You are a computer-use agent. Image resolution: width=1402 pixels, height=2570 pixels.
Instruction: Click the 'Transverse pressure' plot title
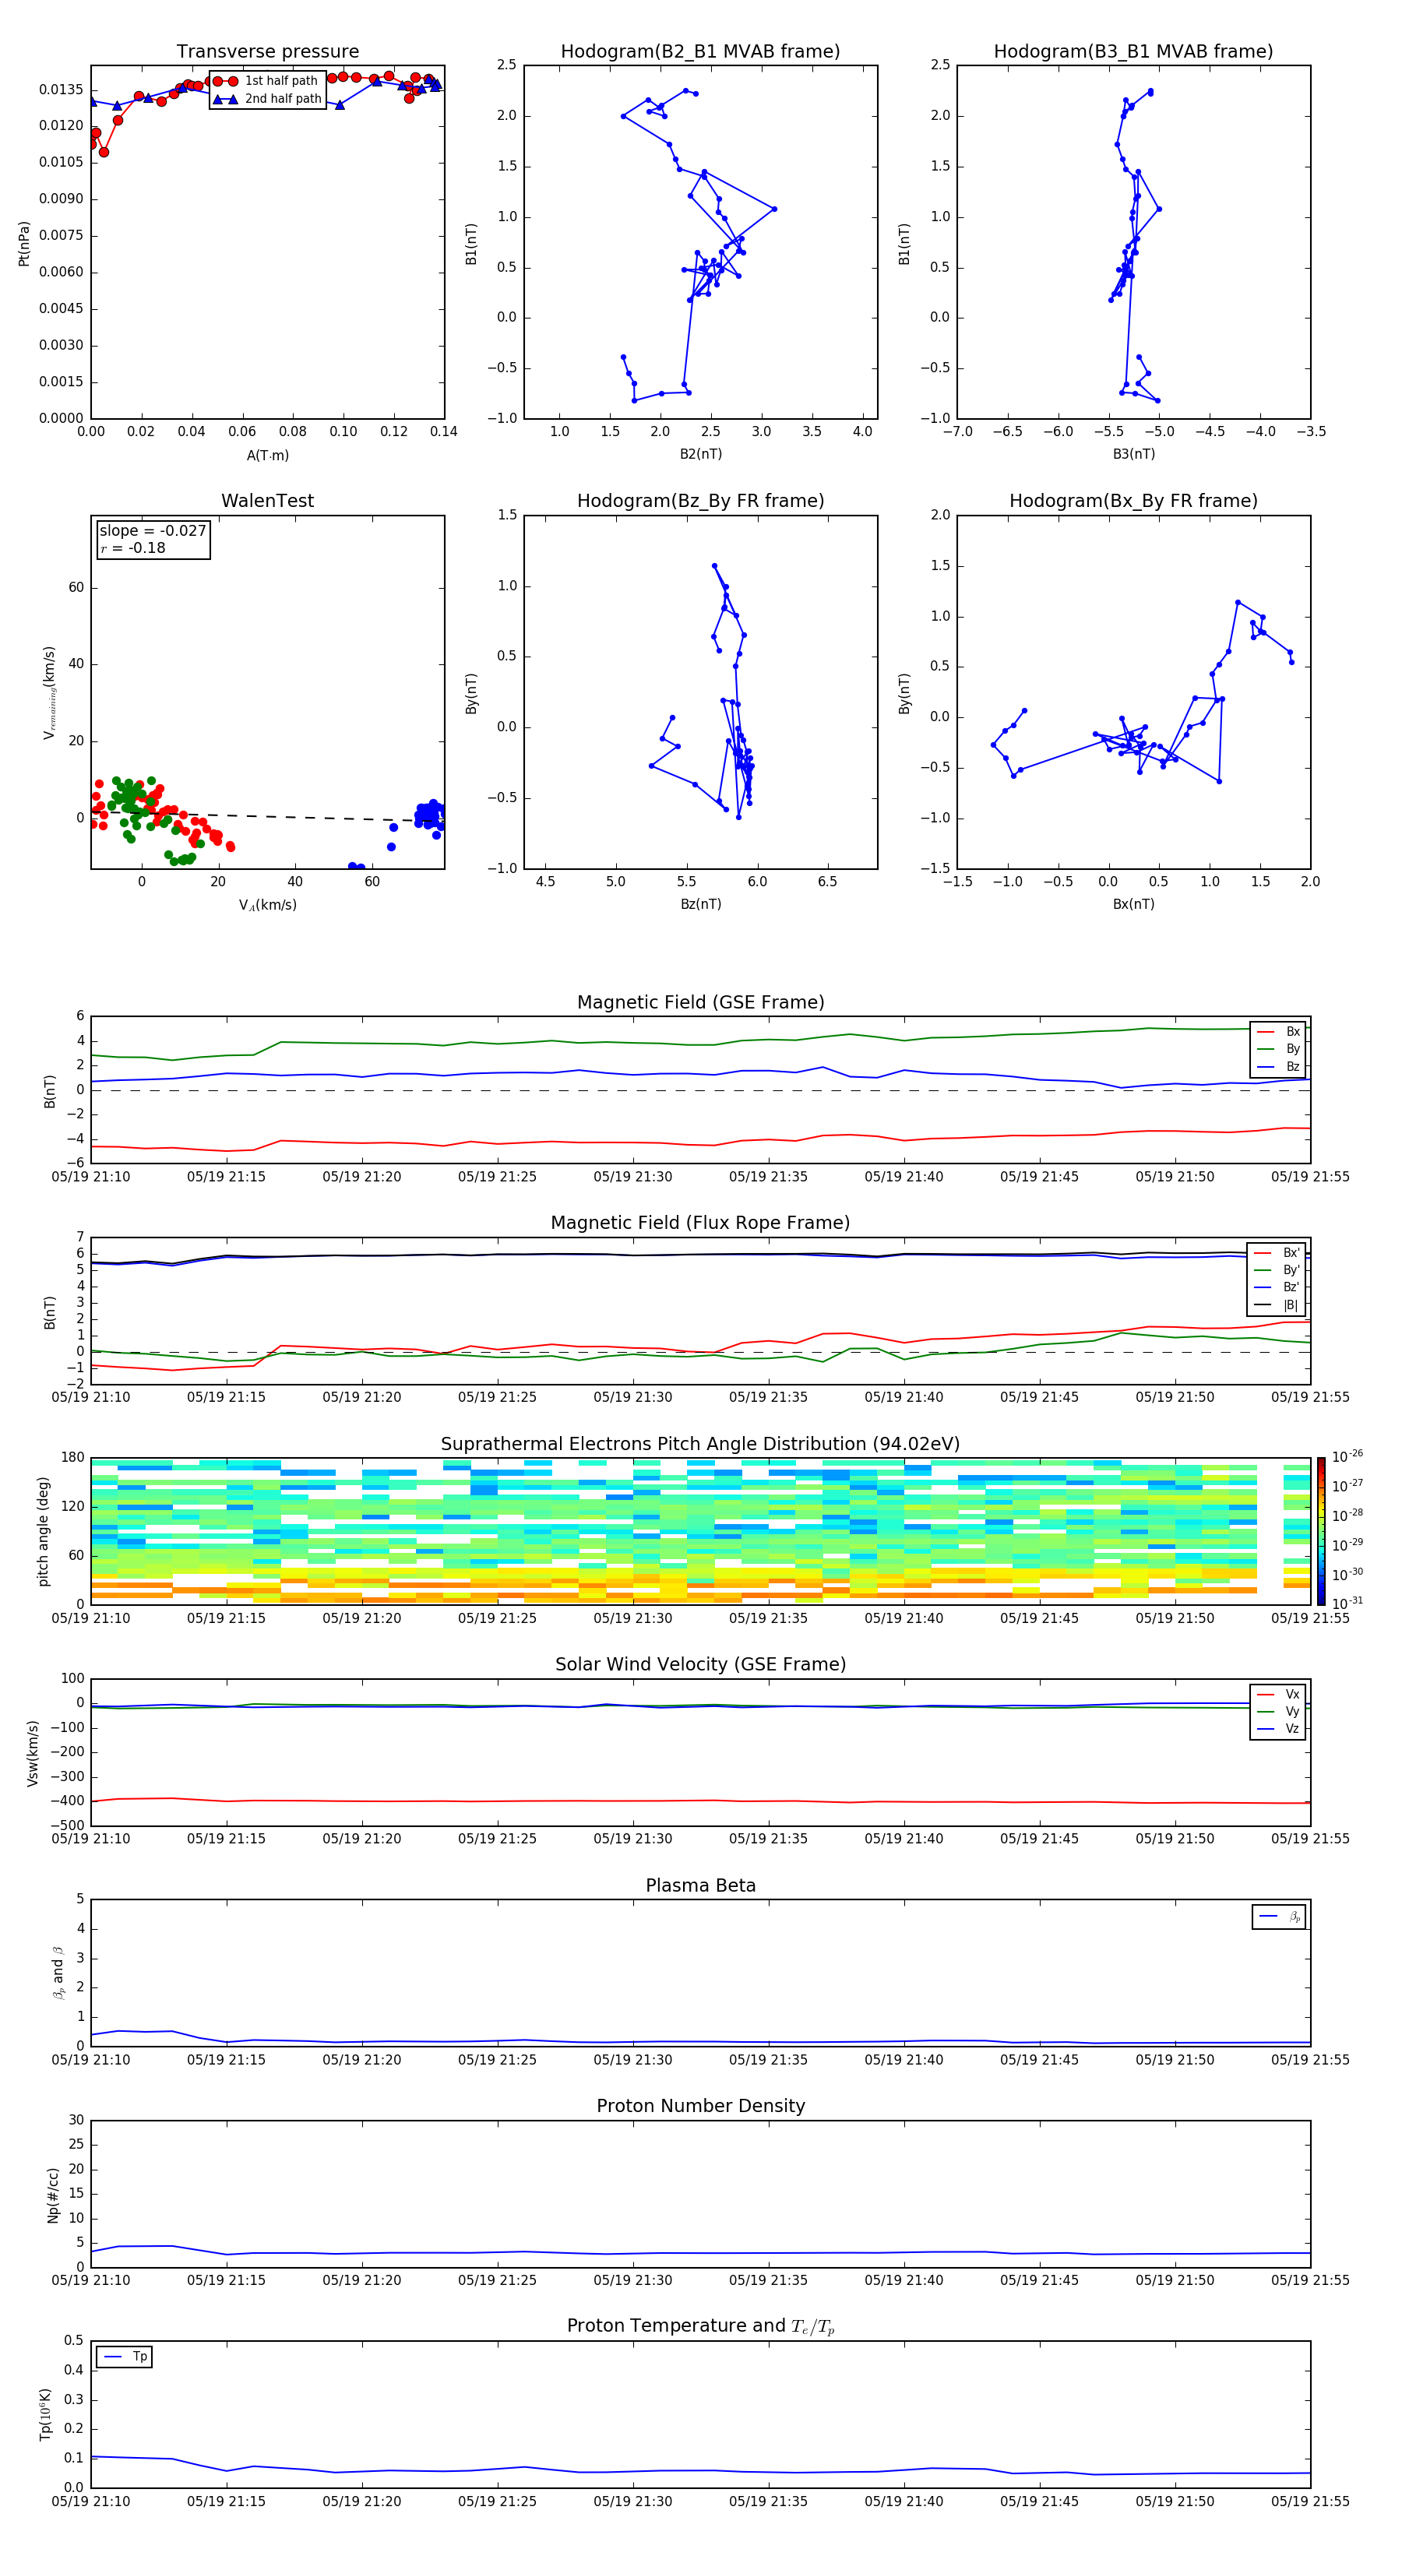pyautogui.click(x=267, y=52)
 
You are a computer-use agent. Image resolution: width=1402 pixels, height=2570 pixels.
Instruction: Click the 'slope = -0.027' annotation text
pyautogui.click(x=153, y=531)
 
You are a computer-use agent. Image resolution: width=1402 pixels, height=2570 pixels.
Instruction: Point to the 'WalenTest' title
pyautogui.click(x=267, y=501)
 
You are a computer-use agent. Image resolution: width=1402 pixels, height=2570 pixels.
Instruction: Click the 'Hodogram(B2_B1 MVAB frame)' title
pyautogui.click(x=699, y=52)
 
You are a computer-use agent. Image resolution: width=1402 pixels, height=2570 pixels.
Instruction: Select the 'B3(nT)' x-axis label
pyautogui.click(x=1133, y=454)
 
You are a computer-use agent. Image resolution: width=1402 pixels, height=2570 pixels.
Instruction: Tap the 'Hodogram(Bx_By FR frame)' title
pyautogui.click(x=1133, y=501)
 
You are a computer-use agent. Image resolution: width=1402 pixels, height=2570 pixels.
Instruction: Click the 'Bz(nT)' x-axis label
pyautogui.click(x=700, y=904)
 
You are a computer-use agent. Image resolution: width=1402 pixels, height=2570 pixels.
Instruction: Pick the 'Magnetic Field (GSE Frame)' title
pyautogui.click(x=700, y=1002)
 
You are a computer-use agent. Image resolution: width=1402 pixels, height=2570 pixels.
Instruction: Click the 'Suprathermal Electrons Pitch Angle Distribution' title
pyautogui.click(x=700, y=1444)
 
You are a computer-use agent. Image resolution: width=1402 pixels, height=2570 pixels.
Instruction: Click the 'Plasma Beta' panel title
pyautogui.click(x=700, y=1885)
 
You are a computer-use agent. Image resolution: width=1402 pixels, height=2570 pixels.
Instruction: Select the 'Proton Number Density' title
pyautogui.click(x=700, y=2106)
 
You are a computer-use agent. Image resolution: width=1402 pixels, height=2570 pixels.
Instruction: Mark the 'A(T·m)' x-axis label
pyautogui.click(x=267, y=456)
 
